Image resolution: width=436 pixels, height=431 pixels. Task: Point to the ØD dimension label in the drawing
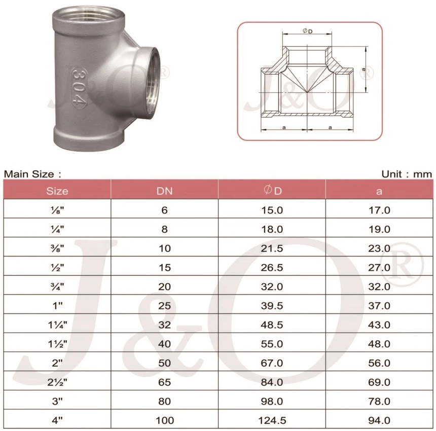click(307, 31)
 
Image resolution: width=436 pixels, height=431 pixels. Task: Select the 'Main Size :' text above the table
click(33, 174)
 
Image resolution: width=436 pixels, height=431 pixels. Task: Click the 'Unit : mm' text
click(407, 174)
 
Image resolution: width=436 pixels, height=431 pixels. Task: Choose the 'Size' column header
click(57, 191)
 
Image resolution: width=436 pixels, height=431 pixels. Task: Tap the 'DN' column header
click(164, 191)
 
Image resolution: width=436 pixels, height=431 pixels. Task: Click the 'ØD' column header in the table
click(272, 191)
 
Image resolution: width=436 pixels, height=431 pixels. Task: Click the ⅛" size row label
click(57, 210)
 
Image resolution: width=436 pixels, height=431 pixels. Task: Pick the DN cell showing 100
click(164, 420)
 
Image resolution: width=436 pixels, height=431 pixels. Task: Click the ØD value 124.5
click(272, 420)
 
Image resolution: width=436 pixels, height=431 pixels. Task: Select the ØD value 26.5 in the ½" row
click(272, 267)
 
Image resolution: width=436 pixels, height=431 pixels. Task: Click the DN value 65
click(164, 382)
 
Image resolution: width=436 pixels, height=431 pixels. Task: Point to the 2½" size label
click(57, 382)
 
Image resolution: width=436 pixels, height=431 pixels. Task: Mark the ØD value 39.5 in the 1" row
click(272, 306)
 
